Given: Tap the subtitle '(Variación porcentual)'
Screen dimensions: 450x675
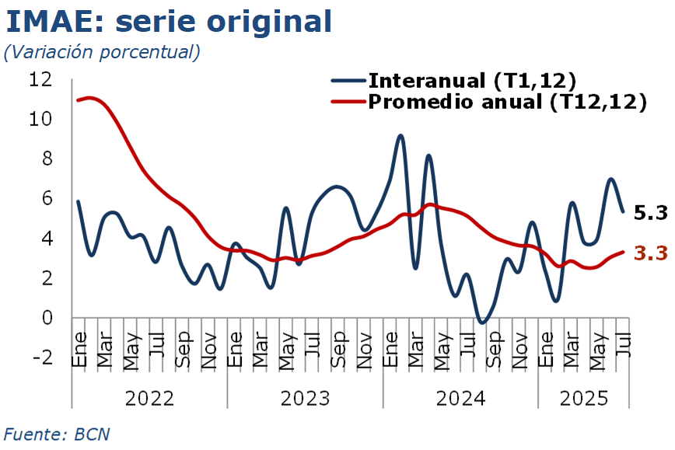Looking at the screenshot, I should [x=102, y=52].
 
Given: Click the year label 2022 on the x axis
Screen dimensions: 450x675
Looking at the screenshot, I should [x=149, y=399].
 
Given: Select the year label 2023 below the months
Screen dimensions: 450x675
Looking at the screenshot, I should [x=305, y=399].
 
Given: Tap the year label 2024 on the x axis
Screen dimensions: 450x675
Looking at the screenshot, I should [x=460, y=399].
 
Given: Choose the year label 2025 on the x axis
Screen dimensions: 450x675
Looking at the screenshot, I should [x=584, y=399].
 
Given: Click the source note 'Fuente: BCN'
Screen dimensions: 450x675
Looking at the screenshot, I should [x=57, y=433].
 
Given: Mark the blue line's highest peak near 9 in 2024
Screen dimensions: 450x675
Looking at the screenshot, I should [x=400, y=136].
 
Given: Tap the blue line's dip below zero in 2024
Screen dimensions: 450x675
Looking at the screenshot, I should [x=482, y=321].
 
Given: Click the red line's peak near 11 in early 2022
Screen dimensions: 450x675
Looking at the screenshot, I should [x=90, y=98].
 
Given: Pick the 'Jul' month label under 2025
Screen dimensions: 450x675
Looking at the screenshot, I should [x=623, y=343].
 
